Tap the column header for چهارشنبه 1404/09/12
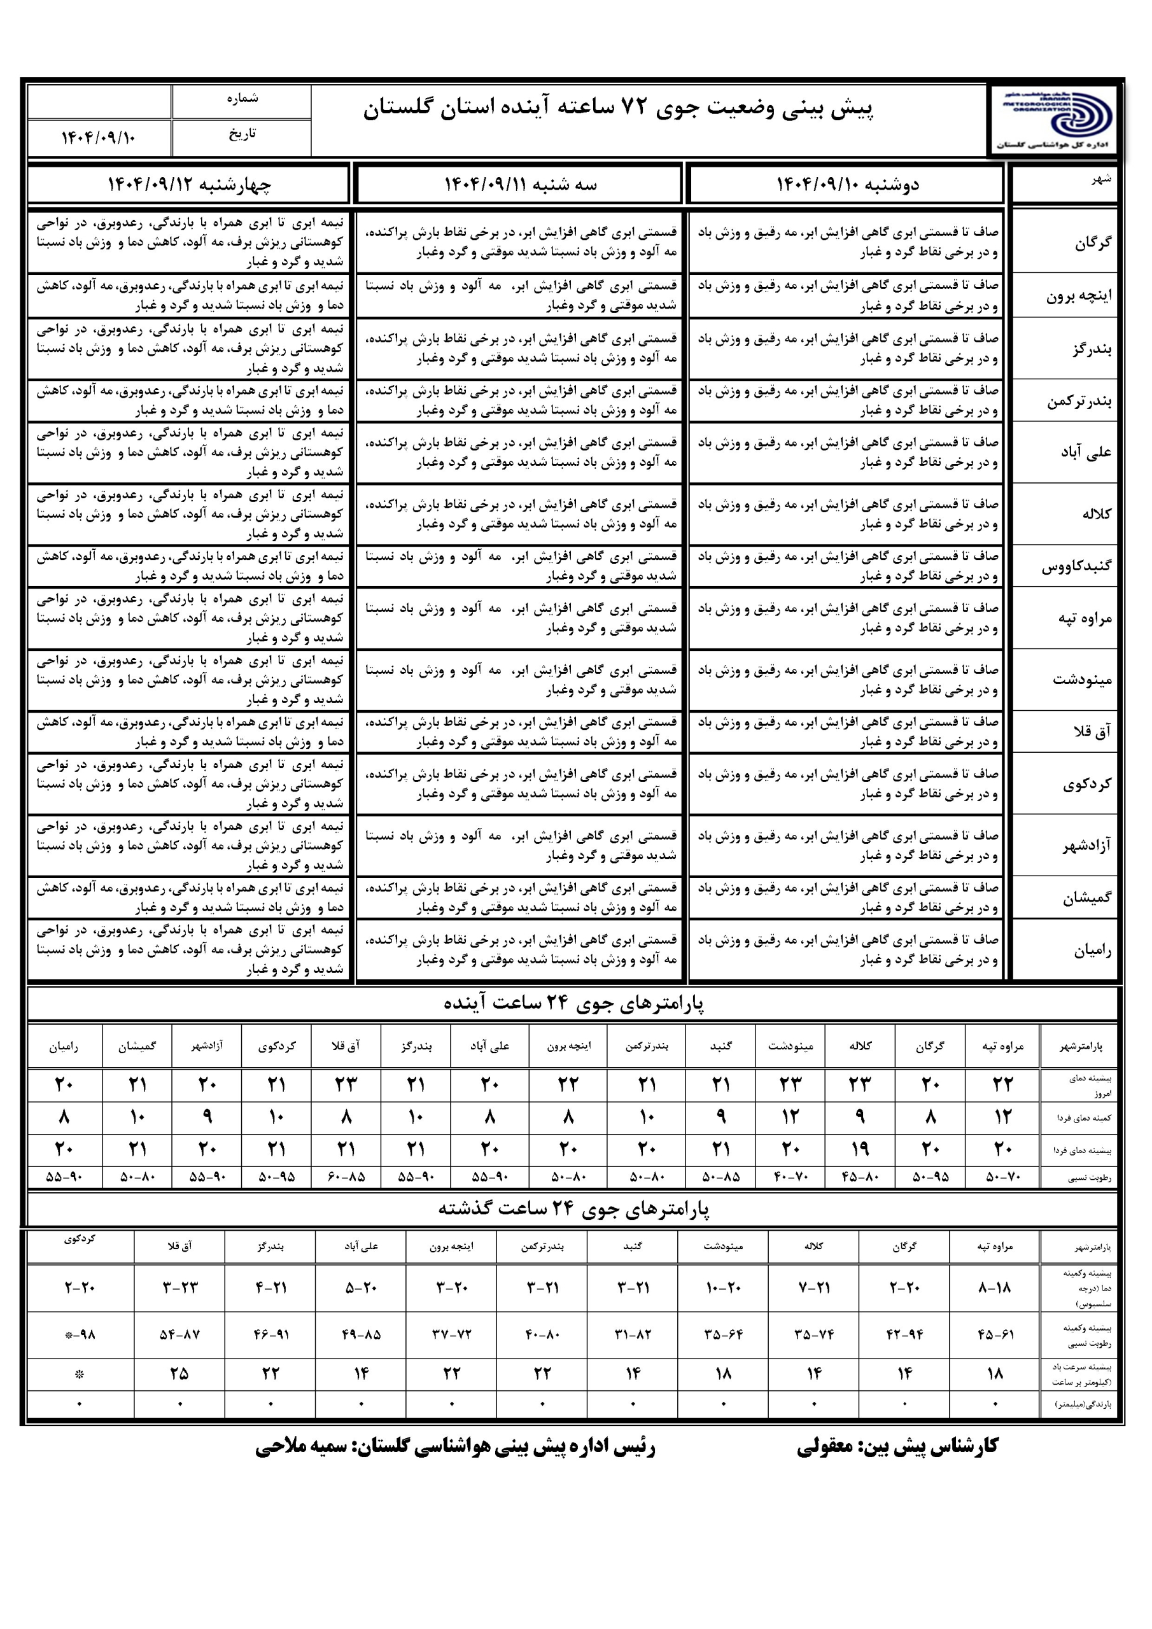coord(189,185)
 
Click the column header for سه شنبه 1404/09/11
coord(520,185)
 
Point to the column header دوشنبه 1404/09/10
coord(846,185)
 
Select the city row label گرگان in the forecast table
coord(1092,242)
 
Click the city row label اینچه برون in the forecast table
coord(1078,296)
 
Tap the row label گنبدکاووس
coord(1076,566)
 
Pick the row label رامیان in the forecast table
coord(1092,951)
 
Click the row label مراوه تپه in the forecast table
coord(1084,619)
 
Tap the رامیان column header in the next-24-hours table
coord(64,1045)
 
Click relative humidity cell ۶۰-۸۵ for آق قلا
coord(346,1177)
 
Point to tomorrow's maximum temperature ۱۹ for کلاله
coord(860,1149)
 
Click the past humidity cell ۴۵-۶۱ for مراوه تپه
coord(995,1334)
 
